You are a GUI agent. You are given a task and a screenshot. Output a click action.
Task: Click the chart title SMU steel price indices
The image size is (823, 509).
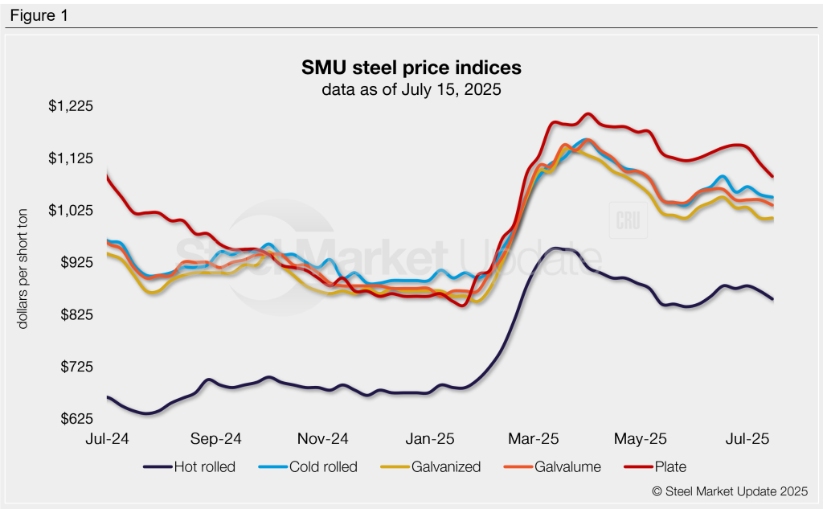[411, 66]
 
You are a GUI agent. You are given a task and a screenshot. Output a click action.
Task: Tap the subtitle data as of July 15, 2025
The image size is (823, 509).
[411, 89]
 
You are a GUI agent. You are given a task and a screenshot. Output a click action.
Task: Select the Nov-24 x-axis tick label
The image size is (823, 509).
[322, 439]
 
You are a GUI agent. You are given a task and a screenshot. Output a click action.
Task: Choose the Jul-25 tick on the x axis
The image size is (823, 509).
[748, 439]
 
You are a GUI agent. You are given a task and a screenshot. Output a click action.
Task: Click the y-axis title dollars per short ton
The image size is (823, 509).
[25, 262]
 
